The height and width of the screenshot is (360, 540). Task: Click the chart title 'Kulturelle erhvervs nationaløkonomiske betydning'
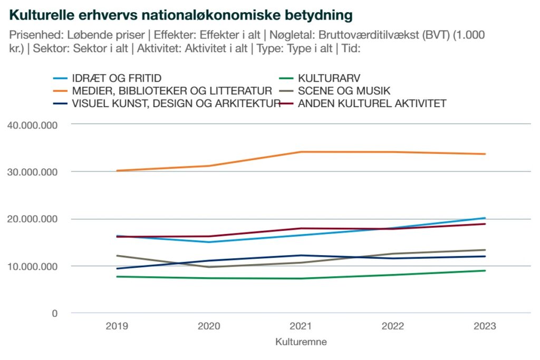point(181,15)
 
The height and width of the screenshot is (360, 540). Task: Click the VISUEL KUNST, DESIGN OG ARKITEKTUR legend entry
point(176,103)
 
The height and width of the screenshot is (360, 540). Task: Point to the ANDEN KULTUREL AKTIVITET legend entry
point(372,103)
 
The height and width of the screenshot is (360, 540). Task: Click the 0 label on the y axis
point(54,314)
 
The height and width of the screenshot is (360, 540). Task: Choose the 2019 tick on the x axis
point(117,326)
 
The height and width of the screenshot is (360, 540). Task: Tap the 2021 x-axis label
point(301,326)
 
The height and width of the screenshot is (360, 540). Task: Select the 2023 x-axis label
point(485,326)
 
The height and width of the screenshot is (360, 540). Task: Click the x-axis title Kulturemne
point(301,342)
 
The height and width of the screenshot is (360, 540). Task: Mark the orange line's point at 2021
point(301,152)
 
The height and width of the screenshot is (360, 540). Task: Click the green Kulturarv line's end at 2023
point(485,271)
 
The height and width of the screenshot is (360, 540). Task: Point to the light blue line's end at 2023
point(485,218)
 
